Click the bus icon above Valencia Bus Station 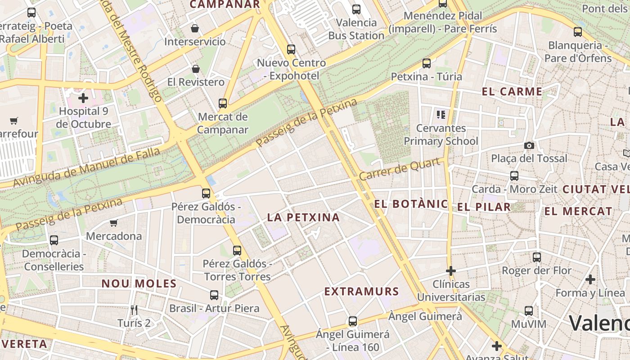[x=356, y=9]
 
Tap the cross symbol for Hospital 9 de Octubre [x=83, y=98]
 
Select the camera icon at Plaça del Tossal [x=529, y=145]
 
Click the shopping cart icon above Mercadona [x=114, y=223]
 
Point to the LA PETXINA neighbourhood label [x=303, y=217]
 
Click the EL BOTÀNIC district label [x=411, y=204]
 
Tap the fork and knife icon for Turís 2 [x=134, y=310]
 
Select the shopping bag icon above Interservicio [x=195, y=28]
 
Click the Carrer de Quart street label [x=399, y=169]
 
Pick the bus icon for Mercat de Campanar [x=223, y=103]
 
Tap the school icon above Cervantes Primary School [x=441, y=115]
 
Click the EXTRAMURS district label [x=361, y=292]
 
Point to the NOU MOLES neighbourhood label [x=139, y=283]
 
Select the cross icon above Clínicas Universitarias [x=450, y=271]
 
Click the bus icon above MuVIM [x=529, y=311]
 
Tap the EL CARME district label [x=512, y=92]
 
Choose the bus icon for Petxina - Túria [x=427, y=63]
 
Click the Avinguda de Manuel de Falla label [x=86, y=167]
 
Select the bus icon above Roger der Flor [x=537, y=257]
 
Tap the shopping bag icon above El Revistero [x=196, y=69]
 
